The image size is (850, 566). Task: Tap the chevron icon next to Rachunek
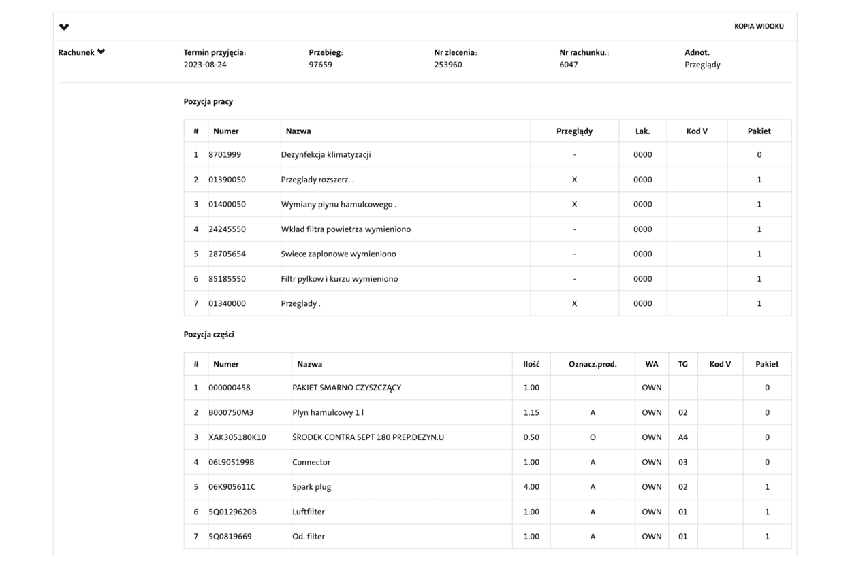(101, 52)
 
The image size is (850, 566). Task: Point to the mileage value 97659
(321, 65)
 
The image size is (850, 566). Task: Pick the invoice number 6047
(569, 65)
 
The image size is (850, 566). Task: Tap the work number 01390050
(227, 180)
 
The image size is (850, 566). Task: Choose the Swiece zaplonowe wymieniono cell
(339, 254)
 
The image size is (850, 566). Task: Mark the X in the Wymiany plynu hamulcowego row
(574, 204)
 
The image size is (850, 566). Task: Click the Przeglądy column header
(574, 131)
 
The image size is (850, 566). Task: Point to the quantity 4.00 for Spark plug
(531, 486)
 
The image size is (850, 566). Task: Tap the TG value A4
(683, 437)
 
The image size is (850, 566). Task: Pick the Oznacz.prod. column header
(593, 364)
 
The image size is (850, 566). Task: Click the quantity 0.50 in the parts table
(531, 437)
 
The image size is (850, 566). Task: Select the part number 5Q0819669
(230, 536)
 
